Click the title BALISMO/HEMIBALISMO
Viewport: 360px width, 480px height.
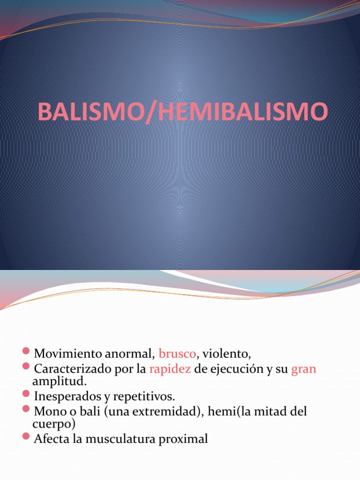tap(182, 113)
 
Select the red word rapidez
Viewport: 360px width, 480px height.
tap(170, 369)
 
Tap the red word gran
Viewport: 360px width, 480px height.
tap(304, 369)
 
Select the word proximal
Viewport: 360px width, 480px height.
tap(185, 440)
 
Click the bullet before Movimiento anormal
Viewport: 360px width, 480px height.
tap(26, 351)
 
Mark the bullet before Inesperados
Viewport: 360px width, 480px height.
tap(26, 395)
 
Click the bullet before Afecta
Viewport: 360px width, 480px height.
tap(26, 438)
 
